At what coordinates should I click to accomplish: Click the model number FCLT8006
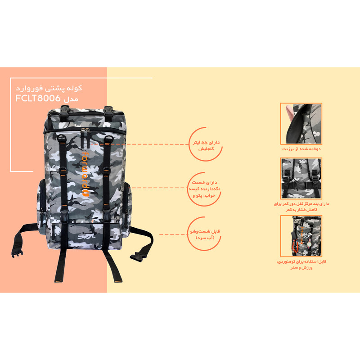coord(38,98)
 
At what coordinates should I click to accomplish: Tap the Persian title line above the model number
coord(49,88)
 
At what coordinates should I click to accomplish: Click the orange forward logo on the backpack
coord(85,174)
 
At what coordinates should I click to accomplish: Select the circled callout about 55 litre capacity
coord(206,144)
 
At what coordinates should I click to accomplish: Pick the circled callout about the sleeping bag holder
coord(204,189)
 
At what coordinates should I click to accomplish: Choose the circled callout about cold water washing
coord(204,234)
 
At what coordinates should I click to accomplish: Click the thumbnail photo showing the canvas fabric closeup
coord(301,123)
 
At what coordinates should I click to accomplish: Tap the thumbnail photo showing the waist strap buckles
coord(301,178)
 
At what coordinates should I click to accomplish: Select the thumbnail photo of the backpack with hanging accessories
coord(301,236)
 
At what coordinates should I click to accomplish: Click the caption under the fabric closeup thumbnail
coord(301,149)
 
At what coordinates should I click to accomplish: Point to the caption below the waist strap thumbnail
coord(301,207)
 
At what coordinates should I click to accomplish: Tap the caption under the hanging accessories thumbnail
coord(301,265)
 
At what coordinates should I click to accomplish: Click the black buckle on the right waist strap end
coord(138,256)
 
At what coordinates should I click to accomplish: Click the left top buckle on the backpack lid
coord(65,113)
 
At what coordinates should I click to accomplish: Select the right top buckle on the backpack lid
coord(108,113)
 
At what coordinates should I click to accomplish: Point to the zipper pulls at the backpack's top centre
coord(85,131)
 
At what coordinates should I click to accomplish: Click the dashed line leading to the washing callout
coord(174,234)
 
